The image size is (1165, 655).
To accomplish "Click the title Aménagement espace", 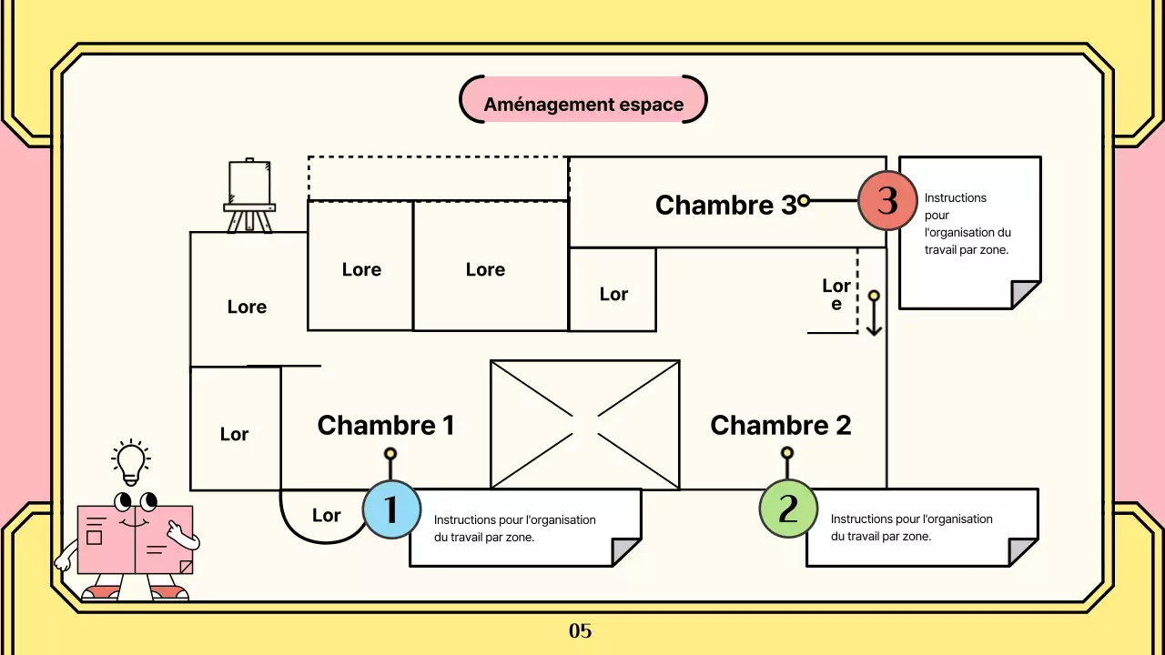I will pos(583,104).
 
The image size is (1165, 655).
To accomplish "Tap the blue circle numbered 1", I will pos(391,509).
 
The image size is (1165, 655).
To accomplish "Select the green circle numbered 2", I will pos(788,509).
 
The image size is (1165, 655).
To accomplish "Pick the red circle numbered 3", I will pos(886,200).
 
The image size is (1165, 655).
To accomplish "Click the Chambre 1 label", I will pos(385,425).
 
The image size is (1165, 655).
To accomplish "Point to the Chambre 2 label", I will pos(780,425).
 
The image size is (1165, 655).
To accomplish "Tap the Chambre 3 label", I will pos(724,205).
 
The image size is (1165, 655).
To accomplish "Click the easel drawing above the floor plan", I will pos(249,196).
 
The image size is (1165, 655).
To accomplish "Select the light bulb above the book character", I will pos(131,463).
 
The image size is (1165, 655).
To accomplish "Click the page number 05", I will pos(581,630).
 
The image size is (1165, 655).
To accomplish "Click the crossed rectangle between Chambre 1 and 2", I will pos(584,425).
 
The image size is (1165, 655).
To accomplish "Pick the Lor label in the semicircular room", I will pos(326,516).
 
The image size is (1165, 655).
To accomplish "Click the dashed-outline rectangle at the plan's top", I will pos(438,178).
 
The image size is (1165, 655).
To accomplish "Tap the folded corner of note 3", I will pos(1026,295).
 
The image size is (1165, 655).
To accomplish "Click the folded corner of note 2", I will pos(1023,551).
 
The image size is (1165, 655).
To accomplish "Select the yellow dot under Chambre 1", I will pos(390,453).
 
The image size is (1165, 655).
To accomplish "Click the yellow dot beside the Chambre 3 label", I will pos(804,200).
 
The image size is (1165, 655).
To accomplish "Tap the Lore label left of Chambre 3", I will pos(836,294).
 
